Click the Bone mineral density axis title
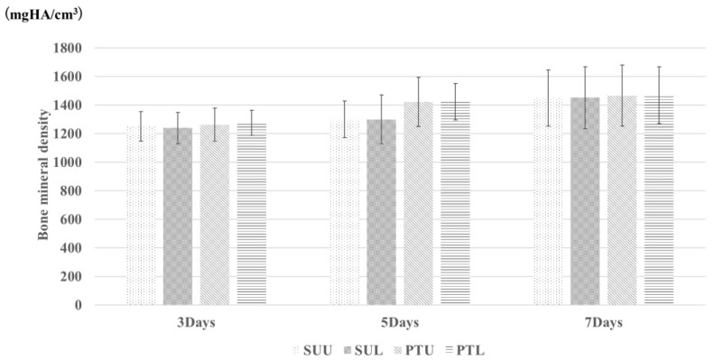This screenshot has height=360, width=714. (42, 176)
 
